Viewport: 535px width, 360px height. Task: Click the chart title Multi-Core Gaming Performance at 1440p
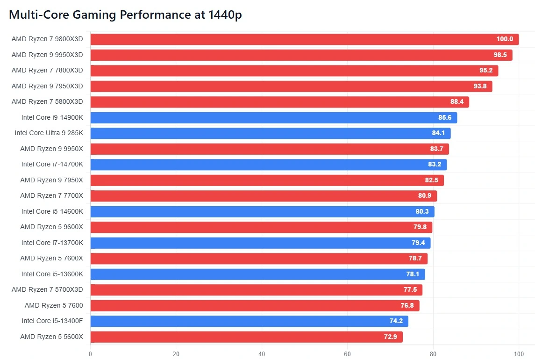point(125,14)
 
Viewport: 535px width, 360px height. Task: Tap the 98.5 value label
point(500,55)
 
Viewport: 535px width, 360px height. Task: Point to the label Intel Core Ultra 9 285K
point(49,133)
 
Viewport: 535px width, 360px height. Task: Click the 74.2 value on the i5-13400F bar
point(396,321)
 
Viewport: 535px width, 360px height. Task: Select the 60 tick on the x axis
point(348,354)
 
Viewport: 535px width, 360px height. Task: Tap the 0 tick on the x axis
point(90,354)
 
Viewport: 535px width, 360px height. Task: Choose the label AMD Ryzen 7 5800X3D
point(47,102)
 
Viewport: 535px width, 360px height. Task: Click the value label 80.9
point(425,196)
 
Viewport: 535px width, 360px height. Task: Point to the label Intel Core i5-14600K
point(52,212)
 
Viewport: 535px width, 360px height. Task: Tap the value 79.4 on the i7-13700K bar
point(418,243)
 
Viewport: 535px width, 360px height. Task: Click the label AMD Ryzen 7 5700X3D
point(47,290)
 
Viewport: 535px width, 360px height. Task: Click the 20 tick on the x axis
point(176,354)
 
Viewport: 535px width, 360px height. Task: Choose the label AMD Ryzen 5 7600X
point(51,259)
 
